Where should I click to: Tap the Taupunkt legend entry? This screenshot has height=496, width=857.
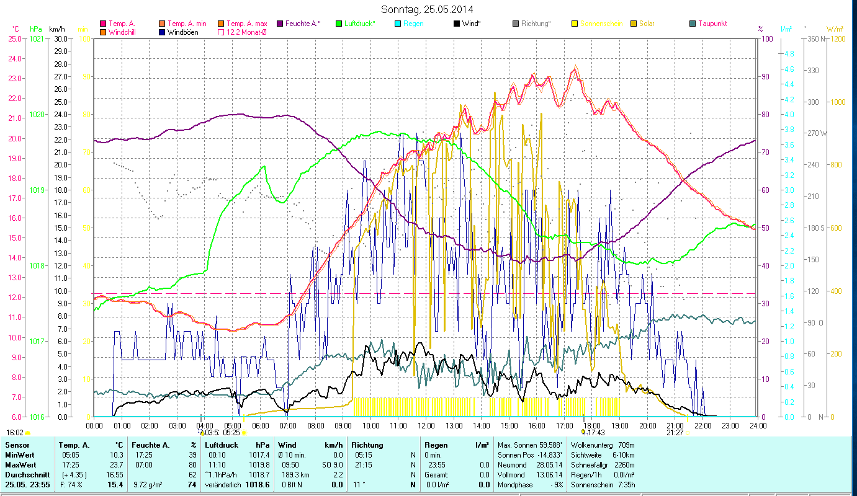tap(712, 24)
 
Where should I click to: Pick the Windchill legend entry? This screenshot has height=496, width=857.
tap(124, 32)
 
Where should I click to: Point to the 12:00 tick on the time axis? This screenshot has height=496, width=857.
tap(426, 426)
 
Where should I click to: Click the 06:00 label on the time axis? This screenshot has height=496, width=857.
tap(260, 426)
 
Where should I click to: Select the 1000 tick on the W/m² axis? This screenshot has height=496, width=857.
tap(835, 102)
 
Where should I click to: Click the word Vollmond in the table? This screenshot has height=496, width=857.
tap(513, 474)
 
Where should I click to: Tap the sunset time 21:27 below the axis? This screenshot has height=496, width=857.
tap(675, 433)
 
